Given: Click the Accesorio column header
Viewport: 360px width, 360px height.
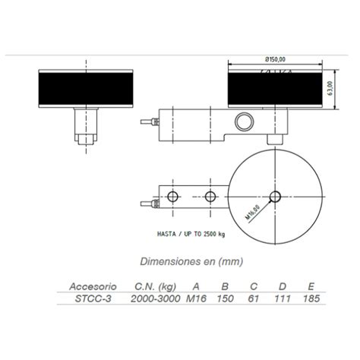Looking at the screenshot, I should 93,287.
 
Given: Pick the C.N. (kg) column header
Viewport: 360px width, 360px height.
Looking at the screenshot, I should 155,287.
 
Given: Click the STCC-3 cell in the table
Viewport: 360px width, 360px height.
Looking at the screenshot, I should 93,298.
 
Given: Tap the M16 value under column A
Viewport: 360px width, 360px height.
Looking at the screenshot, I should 197,298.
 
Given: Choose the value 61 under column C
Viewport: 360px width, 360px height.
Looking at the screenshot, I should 254,298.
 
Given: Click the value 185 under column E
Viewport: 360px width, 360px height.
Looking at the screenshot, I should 311,298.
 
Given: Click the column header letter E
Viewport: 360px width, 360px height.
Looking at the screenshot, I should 311,287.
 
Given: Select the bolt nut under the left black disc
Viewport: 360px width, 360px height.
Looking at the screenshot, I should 85,139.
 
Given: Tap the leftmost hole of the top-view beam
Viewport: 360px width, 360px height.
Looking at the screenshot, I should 173,197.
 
